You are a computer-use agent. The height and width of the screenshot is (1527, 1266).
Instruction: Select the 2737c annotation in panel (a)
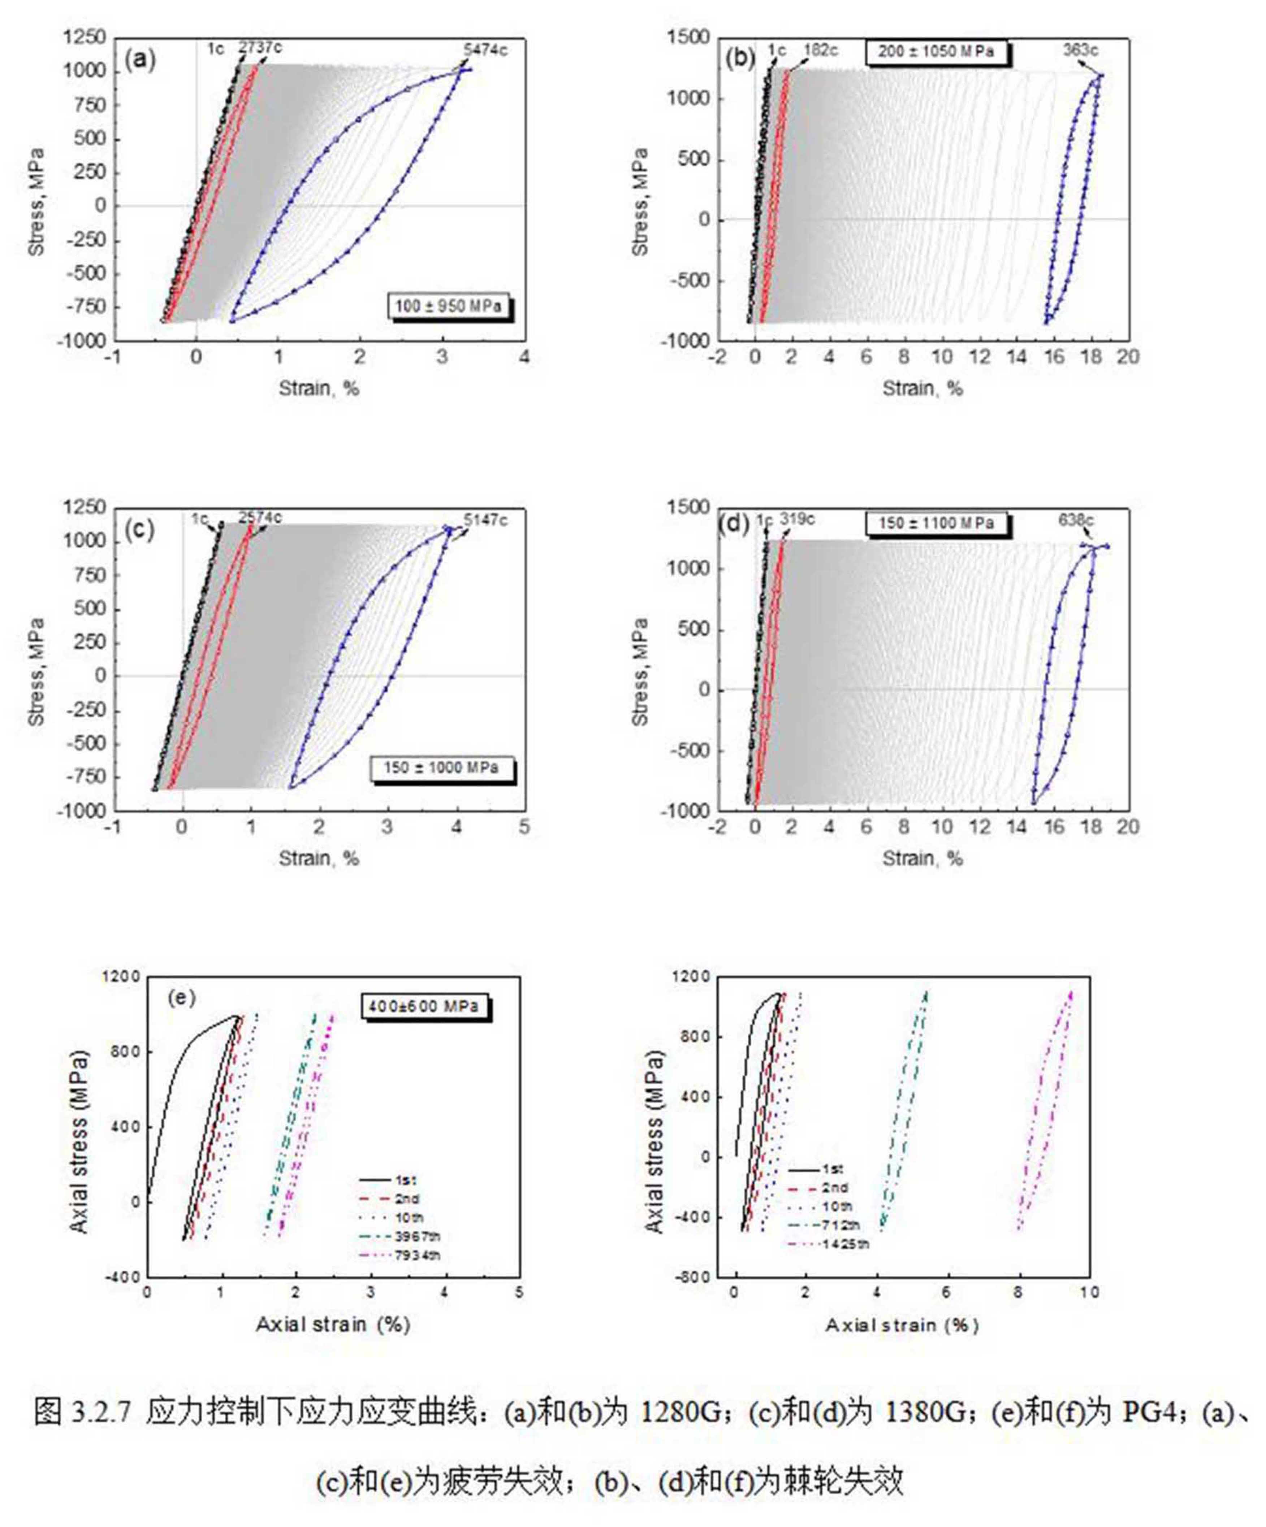[x=260, y=48]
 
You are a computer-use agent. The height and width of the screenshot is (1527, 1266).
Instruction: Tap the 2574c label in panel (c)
[x=260, y=518]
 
